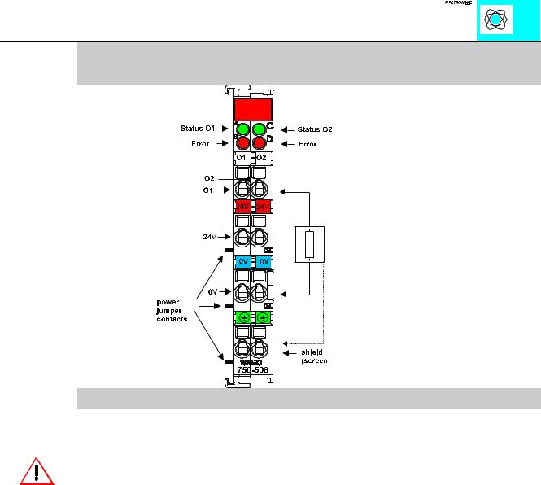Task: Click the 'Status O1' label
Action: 198,129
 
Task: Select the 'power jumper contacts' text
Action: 172,310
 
